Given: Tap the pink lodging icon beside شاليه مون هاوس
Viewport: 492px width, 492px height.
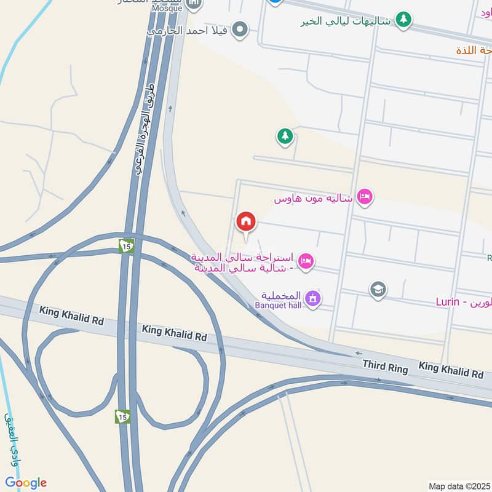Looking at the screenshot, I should tap(365, 197).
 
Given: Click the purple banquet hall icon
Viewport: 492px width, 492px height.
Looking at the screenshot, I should tap(314, 299).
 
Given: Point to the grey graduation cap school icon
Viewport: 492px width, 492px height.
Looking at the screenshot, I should tap(378, 288).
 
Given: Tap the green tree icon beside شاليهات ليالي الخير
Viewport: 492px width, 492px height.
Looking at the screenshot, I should tap(403, 20).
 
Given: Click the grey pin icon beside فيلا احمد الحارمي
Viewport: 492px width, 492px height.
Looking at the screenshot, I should tap(241, 29).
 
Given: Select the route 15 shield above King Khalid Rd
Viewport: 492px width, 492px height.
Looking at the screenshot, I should tap(126, 245).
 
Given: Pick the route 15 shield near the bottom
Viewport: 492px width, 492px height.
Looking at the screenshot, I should tap(122, 416).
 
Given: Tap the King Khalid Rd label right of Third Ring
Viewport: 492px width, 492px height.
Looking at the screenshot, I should tap(451, 370).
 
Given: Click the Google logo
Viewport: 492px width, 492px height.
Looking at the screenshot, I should tap(26, 483).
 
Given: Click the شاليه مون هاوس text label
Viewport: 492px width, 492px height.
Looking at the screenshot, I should tap(313, 199).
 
